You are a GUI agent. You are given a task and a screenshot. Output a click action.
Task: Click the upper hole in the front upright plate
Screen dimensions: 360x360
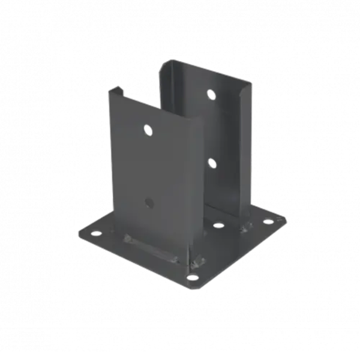pyautogui.click(x=147, y=129)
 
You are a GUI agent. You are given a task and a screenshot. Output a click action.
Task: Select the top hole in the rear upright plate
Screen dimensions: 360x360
pyautogui.click(x=211, y=94)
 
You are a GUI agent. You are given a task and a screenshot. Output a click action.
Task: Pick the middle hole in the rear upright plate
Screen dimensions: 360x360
pyautogui.click(x=211, y=162)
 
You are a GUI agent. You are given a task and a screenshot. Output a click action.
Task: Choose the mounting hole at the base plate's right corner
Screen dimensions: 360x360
pyautogui.click(x=268, y=221)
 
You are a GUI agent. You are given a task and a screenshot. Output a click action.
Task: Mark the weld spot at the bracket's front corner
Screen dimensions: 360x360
pyautogui.click(x=196, y=262)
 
